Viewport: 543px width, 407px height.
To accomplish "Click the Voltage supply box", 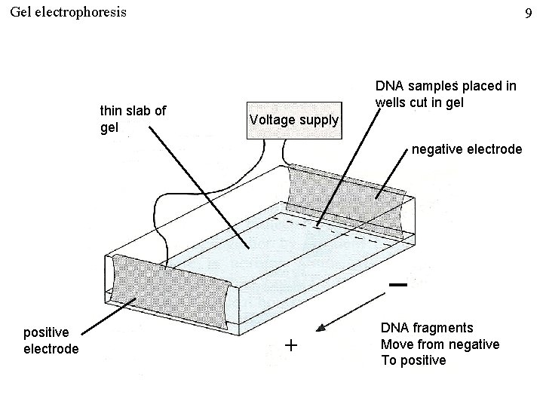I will tap(294, 119).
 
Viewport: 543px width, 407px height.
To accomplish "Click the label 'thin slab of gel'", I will tap(133, 118).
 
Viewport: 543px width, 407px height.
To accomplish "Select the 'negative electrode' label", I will tap(466, 150).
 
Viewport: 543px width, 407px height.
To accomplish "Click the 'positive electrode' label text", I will tap(51, 341).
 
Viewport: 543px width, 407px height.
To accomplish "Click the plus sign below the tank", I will tap(291, 345).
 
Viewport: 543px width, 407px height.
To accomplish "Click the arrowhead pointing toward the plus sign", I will tap(321, 329).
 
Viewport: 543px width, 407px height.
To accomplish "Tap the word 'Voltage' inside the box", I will tap(270, 119).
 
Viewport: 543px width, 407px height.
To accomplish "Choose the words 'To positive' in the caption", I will tap(413, 360).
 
